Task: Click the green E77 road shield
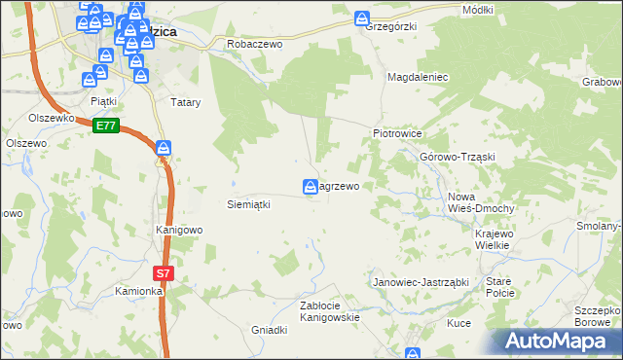(x=106, y=126)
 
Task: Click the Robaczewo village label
(x=254, y=44)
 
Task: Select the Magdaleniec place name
(x=417, y=76)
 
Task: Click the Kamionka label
(x=138, y=291)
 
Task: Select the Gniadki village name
(x=270, y=330)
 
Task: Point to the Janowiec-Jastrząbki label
(x=421, y=282)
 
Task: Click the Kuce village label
(x=458, y=322)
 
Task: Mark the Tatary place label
(x=185, y=101)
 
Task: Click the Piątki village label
(x=103, y=100)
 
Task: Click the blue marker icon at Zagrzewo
(x=310, y=186)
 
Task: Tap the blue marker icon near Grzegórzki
(x=362, y=18)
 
